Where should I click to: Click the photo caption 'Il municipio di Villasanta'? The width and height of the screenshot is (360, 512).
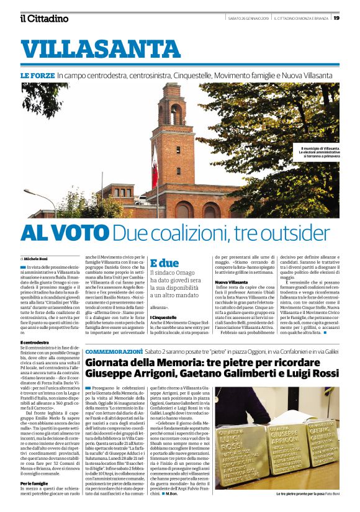(x=320, y=150)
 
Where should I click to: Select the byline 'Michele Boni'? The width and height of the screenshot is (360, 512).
(x=40, y=258)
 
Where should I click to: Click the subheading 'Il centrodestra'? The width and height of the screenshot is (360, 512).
(x=35, y=342)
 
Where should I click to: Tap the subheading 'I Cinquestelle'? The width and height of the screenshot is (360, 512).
(x=164, y=317)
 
